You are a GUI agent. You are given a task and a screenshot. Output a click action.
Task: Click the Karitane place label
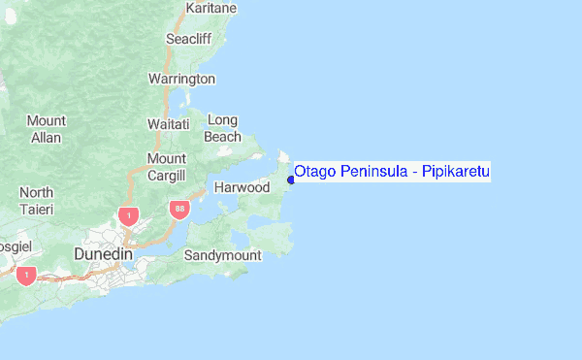[213, 8]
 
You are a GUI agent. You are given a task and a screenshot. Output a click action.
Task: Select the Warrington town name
[181, 78]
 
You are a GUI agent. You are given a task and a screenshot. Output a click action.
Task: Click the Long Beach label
[222, 128]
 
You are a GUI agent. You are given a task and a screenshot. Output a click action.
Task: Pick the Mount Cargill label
[166, 167]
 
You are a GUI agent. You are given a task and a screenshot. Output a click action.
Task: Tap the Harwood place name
[242, 186]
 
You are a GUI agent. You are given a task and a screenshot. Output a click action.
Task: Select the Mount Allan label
[46, 129]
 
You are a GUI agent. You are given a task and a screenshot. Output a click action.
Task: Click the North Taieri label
[36, 201]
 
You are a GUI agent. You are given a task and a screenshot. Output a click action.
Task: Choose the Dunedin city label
[103, 253]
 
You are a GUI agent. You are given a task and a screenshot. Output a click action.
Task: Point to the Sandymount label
[223, 255]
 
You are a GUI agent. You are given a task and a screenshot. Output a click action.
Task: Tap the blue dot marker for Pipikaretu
[291, 180]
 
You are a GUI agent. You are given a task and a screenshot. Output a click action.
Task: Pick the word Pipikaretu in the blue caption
[456, 172]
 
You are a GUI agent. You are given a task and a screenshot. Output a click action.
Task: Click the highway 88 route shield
[178, 209]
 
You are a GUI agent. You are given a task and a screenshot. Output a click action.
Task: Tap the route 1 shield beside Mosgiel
[26, 276]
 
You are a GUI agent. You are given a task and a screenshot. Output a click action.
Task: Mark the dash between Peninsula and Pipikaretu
[414, 173]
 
